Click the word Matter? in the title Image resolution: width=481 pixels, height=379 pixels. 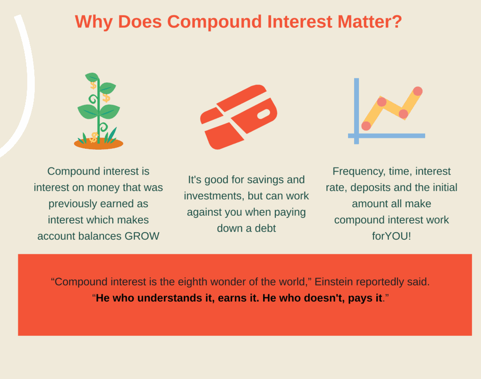pos(369,22)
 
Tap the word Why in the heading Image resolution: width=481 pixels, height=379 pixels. pos(93,23)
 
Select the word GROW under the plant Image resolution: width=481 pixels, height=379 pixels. pos(142,236)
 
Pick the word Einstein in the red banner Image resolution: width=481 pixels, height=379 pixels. pos(334,281)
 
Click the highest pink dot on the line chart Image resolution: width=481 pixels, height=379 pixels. pos(418,91)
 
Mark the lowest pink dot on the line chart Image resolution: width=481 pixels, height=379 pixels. pos(366,126)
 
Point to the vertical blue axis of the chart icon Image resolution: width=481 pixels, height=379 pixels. pos(357,111)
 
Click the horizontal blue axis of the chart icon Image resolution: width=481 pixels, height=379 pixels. pos(387,136)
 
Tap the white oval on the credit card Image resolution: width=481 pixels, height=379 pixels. pos(264,114)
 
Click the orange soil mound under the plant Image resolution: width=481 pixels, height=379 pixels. pos(99,144)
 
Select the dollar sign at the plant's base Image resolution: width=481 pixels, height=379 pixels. pos(94,137)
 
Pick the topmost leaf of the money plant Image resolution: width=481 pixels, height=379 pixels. pos(92,77)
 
